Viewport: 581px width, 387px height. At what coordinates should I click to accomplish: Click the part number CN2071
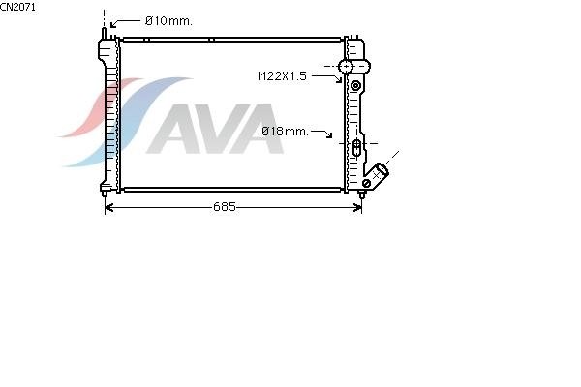(x=17, y=7)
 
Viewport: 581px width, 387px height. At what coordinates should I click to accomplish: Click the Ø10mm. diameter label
(x=168, y=21)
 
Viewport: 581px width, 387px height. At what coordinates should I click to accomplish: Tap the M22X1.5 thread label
(x=282, y=76)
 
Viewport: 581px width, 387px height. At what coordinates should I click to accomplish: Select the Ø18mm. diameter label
(x=285, y=132)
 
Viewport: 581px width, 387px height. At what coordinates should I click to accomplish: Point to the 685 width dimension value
(x=225, y=207)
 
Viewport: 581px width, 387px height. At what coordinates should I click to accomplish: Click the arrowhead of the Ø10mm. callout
(x=112, y=25)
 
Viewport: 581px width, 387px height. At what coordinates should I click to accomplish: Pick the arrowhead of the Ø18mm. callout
(x=329, y=135)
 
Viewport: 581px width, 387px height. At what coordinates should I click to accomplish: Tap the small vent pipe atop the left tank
(x=105, y=33)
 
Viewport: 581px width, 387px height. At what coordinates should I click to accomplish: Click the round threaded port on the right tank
(x=346, y=67)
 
